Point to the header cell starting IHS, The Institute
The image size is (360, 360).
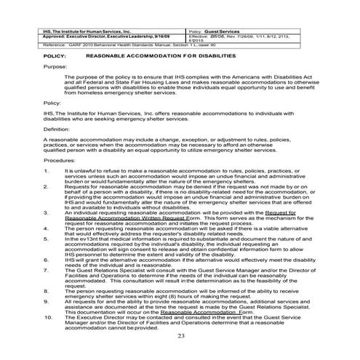(x=87, y=33)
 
